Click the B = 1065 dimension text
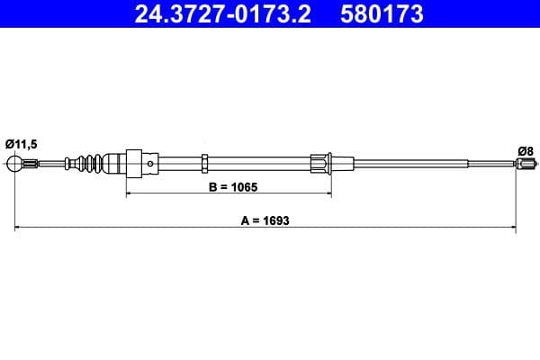tap(227, 188)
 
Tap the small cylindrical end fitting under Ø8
tap(526, 164)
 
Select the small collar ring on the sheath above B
tap(205, 163)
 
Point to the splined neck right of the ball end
tap(31, 164)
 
